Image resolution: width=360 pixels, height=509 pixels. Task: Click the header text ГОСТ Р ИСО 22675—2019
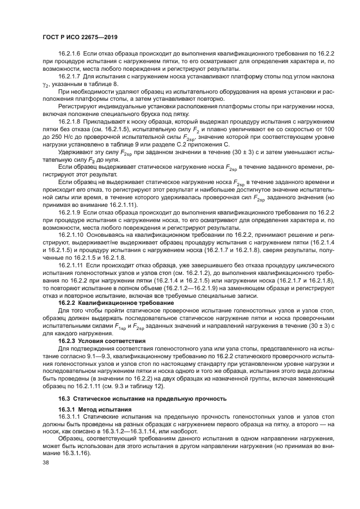click(80, 37)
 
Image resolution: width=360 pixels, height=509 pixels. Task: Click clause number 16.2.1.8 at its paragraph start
click(70, 123)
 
